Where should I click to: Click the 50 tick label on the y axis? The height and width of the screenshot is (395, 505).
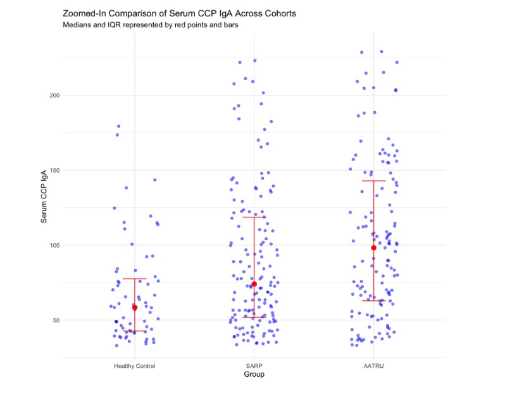(56, 320)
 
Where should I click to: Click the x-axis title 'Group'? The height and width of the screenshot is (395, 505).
(254, 375)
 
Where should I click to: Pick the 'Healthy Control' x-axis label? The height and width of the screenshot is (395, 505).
(135, 366)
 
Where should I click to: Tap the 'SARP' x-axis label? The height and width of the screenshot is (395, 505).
(254, 366)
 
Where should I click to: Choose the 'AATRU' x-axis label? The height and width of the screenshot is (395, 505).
(373, 366)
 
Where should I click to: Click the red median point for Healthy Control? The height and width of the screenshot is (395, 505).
(135, 308)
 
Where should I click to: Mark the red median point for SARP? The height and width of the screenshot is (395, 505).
(254, 284)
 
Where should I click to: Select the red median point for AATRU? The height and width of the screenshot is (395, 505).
(373, 248)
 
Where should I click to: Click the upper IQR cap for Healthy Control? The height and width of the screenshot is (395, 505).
(135, 279)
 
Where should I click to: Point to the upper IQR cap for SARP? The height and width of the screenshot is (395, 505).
(254, 217)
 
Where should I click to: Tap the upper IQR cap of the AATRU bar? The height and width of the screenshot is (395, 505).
(373, 181)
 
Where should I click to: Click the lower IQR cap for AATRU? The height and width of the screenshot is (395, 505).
(373, 300)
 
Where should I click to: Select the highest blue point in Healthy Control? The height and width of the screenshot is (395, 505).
(118, 126)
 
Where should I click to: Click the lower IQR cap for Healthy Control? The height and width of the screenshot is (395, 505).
(135, 331)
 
